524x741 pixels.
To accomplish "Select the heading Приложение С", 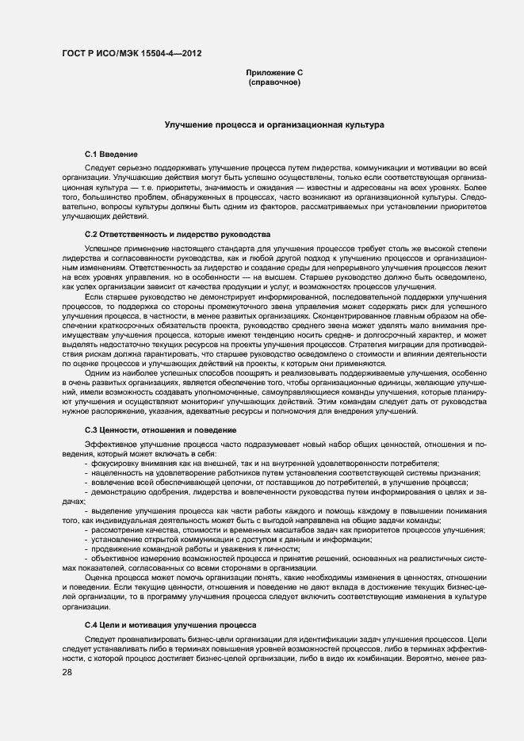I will [x=274, y=73].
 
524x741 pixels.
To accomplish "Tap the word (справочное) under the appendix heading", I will [x=274, y=82].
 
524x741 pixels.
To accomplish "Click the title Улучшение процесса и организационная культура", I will [x=274, y=125].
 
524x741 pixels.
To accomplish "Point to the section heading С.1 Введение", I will [x=112, y=153].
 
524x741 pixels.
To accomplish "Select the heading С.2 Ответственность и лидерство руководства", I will [x=178, y=235].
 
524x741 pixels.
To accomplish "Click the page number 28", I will [x=67, y=673].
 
